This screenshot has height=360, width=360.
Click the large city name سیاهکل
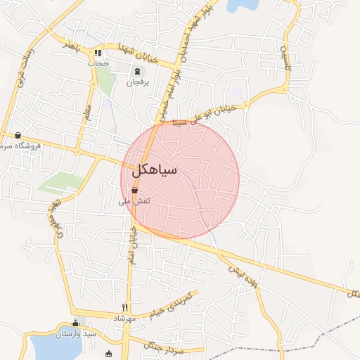[154, 171]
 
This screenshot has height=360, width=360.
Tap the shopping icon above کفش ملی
[134, 190]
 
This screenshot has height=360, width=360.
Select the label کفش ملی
[135, 202]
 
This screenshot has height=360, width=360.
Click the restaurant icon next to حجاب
[98, 53]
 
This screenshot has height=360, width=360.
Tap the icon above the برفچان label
[136, 70]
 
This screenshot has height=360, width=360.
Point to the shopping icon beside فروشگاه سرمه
[18, 135]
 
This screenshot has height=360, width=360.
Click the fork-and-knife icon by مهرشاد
[125, 307]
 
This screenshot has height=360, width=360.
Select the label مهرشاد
[124, 319]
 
